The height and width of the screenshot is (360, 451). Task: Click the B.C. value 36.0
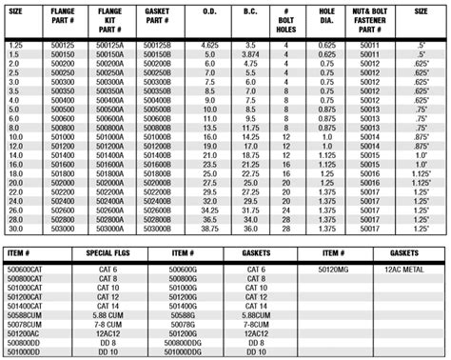[252, 230]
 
